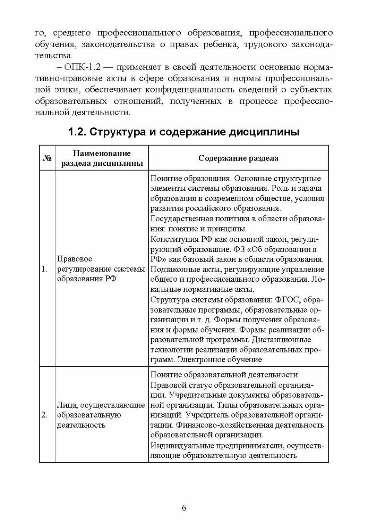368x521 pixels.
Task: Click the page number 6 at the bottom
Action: (x=184, y=507)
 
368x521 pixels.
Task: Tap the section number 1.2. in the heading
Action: (x=77, y=132)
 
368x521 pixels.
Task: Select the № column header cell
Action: (x=47, y=158)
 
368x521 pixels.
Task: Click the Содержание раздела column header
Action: (x=238, y=158)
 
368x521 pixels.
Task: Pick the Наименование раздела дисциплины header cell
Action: (x=102, y=158)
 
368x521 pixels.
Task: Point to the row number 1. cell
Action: (x=45, y=269)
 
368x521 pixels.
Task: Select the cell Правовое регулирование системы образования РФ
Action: (x=101, y=269)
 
